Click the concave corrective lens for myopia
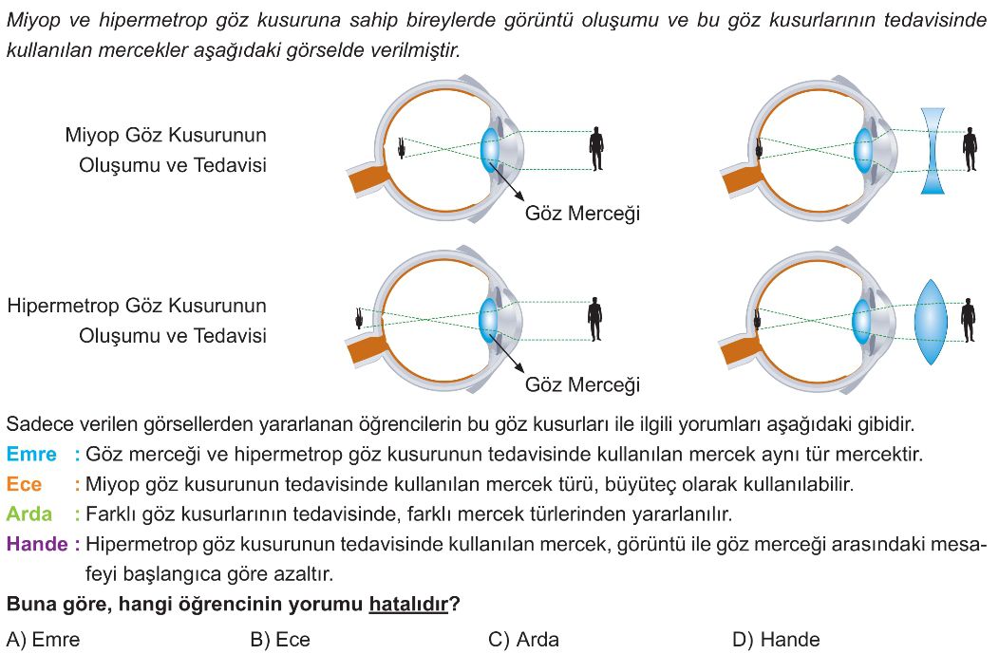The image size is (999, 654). pos(933,150)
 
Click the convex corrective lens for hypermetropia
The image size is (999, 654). pos(931,322)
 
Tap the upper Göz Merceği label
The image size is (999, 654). pos(582,214)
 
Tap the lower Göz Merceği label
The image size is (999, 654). pos(582,384)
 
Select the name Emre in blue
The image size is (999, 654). pos(31,454)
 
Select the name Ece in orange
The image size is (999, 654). pos(24,484)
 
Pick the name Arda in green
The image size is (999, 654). pos(29,514)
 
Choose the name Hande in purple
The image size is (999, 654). pos(37,544)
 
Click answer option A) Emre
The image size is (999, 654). pos(44,640)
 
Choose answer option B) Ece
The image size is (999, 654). pos(280,640)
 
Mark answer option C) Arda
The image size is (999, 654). pos(523,640)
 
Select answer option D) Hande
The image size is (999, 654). pos(776,640)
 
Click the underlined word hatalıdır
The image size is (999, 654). pos(409,604)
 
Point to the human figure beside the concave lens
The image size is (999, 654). pos(970,149)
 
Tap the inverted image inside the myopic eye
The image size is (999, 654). pos(403,148)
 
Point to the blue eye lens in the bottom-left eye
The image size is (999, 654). pos(488,318)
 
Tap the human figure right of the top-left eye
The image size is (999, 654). pos(596,148)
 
